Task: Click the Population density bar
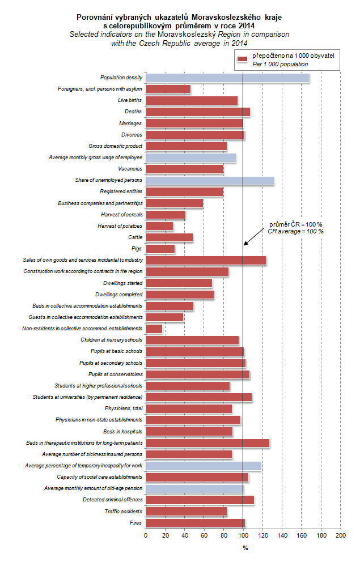[227, 78]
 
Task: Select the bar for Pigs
[160, 249]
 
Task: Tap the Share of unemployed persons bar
[210, 180]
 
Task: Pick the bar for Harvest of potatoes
[159, 226]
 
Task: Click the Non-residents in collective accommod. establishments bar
[154, 329]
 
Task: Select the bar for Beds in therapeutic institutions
[207, 443]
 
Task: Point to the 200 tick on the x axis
[340, 534]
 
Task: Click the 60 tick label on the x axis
[204, 534]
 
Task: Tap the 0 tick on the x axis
[146, 534]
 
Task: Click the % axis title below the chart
[245, 548]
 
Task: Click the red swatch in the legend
[243, 59]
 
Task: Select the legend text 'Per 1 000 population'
[279, 65]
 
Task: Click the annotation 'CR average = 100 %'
[295, 232]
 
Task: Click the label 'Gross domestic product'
[115, 146]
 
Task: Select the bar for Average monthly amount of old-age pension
[194, 488]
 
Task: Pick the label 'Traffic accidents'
[124, 512]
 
